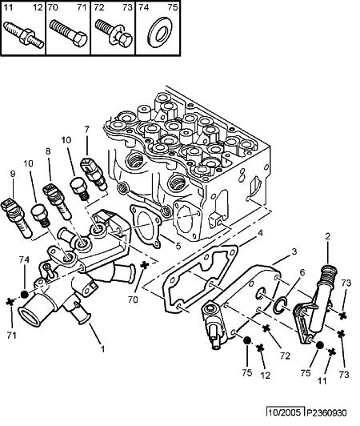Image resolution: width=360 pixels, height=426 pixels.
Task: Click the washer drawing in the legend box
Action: (158, 32)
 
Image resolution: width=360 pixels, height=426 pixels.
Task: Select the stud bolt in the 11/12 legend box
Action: (24, 34)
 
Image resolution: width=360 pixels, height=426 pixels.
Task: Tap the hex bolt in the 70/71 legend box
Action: (68, 34)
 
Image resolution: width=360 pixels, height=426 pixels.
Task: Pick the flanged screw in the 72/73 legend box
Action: (114, 33)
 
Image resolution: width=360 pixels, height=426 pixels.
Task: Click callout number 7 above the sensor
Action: (86, 129)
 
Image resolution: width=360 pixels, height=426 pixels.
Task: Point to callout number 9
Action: (13, 174)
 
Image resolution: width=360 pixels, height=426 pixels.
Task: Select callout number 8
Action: (48, 151)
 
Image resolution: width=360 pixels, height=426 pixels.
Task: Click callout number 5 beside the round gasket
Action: (178, 246)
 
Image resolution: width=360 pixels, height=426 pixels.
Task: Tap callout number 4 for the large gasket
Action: (260, 233)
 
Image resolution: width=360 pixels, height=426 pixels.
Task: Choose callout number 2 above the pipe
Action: (327, 236)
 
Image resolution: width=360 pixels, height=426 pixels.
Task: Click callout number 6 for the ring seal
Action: (302, 272)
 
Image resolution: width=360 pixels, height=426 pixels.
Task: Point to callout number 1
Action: (102, 349)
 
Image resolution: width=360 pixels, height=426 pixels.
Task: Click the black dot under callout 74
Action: (25, 294)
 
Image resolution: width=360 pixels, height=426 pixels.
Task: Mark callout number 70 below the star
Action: (133, 299)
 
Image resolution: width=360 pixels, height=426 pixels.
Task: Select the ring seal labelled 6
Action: (281, 306)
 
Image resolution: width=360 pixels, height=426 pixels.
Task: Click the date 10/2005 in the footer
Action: (285, 412)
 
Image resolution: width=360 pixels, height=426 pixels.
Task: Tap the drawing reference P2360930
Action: (327, 413)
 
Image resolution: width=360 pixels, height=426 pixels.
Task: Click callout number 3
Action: (294, 251)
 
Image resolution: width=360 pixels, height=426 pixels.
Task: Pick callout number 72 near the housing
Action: (285, 356)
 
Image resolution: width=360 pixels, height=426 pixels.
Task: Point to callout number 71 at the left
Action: (12, 336)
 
